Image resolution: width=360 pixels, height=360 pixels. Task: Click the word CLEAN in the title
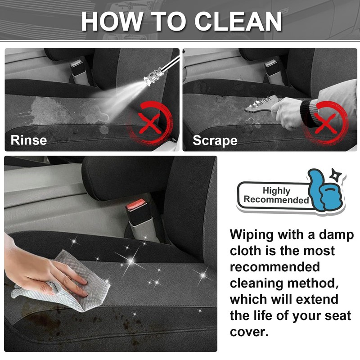238,21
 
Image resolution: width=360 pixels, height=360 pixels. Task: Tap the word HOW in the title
111,21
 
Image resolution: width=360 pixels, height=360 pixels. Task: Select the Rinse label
29,140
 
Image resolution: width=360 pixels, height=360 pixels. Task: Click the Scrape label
215,140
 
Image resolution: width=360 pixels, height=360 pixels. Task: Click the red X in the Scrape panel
326,124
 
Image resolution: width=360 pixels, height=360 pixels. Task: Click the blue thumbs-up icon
325,191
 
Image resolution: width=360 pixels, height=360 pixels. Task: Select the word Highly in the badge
276,190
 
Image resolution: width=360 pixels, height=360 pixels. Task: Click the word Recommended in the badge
276,199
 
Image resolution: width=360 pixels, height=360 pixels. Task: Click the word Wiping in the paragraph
252,235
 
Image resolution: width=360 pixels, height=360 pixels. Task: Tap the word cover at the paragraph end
249,332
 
